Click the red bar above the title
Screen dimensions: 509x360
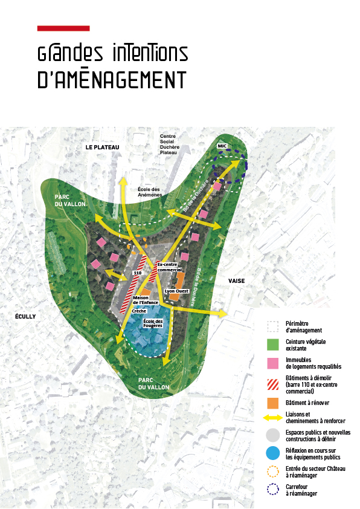click(x=63, y=28)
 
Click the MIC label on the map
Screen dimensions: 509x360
click(x=222, y=146)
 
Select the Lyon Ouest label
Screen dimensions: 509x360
click(x=177, y=291)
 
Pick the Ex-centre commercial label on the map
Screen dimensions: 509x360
click(x=169, y=267)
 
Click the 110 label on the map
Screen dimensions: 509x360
click(x=137, y=274)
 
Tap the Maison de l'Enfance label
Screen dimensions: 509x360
click(x=146, y=299)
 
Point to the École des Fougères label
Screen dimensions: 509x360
click(x=153, y=323)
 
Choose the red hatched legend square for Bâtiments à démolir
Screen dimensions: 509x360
click(x=272, y=383)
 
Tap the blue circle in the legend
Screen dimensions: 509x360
click(x=272, y=453)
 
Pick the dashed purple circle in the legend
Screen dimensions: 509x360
click(x=272, y=490)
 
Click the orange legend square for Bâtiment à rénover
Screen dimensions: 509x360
click(x=272, y=402)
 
